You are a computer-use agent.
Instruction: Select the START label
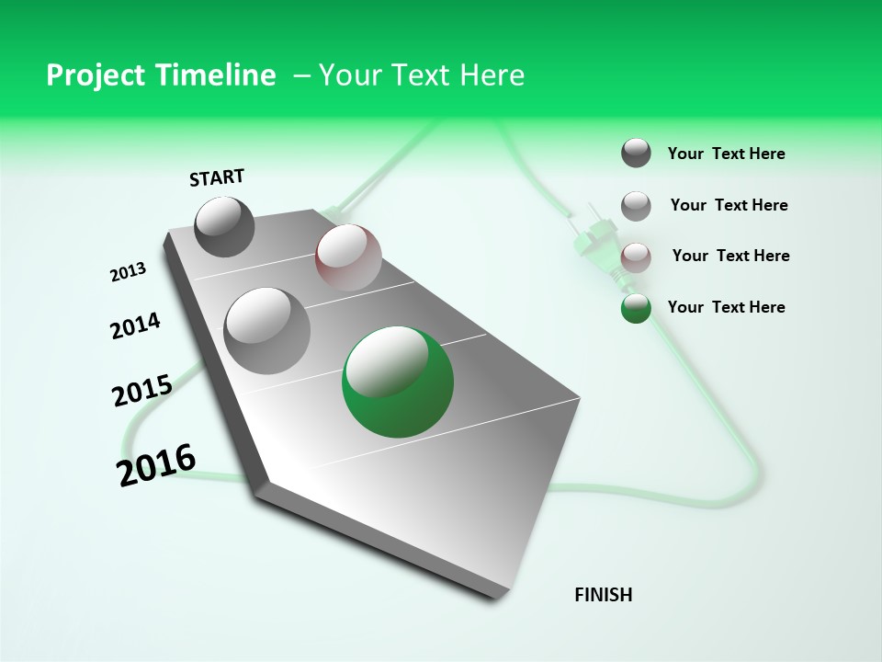pos(217,177)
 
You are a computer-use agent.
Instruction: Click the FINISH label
pos(604,595)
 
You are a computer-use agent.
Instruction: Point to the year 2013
pos(129,272)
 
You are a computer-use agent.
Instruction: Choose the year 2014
pos(135,326)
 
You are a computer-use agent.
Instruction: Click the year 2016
pos(156,464)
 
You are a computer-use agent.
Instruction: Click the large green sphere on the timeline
pos(398,382)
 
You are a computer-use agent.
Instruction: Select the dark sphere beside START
pos(224,226)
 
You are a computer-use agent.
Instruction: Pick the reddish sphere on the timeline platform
pos(348,257)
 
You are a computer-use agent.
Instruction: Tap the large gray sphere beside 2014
pos(266,330)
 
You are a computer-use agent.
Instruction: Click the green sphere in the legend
pos(636,308)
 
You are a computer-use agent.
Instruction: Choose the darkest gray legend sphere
pos(636,153)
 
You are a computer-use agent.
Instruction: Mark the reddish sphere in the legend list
pos(636,257)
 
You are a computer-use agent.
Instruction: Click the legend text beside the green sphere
pos(726,307)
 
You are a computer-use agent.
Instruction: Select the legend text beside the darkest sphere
pos(726,154)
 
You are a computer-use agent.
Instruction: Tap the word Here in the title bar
pos(492,75)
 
